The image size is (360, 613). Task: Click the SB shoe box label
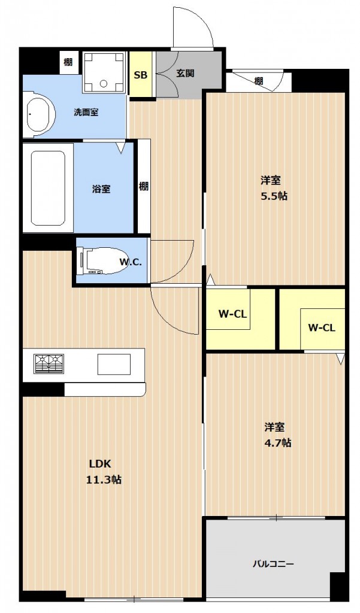140,75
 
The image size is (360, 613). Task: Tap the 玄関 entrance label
185,74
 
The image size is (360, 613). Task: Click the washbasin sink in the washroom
40,114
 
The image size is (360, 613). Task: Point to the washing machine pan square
104,73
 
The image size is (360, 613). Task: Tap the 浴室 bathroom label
101,189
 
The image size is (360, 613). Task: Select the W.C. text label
130,262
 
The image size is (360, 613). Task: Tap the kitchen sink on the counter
114,363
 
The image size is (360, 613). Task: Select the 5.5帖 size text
274,196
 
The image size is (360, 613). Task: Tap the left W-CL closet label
233,313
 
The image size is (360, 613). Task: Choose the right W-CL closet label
321,327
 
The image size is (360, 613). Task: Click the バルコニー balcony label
273,563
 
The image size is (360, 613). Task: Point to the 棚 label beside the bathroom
144,186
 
